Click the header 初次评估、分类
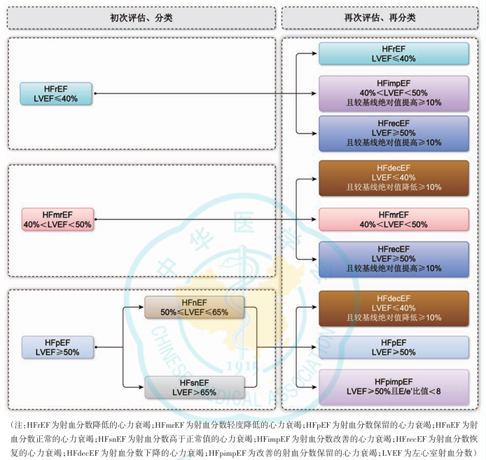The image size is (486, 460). pos(141,18)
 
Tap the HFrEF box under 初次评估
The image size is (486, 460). pos(56,93)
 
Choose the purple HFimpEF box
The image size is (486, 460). pos(394,93)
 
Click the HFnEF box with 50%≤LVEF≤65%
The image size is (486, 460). pos(194,306)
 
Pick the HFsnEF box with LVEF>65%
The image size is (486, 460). pos(194,387)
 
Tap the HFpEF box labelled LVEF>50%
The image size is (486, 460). pos(394,347)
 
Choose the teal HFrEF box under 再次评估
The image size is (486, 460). pos(394,54)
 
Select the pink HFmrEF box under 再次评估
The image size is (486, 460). pos(394,219)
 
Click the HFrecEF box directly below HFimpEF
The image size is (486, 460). pos(394,133)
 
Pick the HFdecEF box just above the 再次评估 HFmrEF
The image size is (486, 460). pos(394,178)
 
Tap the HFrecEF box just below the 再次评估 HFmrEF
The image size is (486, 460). pos(394,259)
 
